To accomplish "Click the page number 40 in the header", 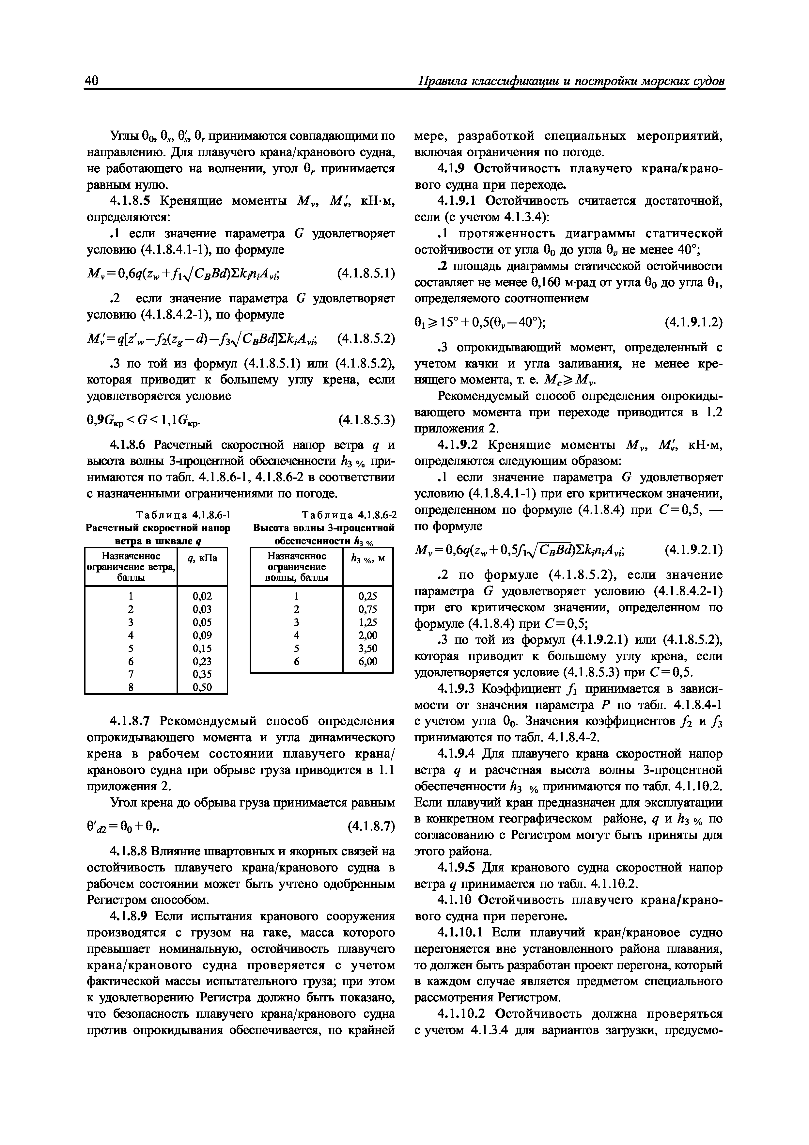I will [x=93, y=81].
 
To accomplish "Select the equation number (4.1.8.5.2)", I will [x=366, y=339].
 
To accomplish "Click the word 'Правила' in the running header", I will [x=441, y=81].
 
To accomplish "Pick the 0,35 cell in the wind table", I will [x=202, y=674].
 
